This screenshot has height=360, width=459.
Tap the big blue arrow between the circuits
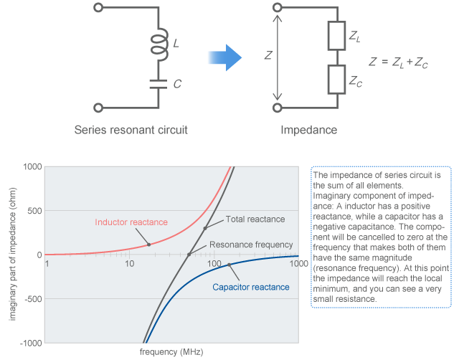225,58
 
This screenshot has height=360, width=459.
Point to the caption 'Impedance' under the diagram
308,131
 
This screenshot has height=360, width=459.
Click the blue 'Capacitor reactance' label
251,288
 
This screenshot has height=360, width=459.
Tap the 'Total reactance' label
255,219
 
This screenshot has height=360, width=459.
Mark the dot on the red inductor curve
148,245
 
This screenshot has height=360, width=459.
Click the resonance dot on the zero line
189,255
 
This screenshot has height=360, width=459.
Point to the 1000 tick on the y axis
30,166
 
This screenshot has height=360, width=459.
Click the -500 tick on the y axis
30,299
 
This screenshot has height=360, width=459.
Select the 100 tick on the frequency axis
214,264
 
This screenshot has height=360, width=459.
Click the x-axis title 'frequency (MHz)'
171,352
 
